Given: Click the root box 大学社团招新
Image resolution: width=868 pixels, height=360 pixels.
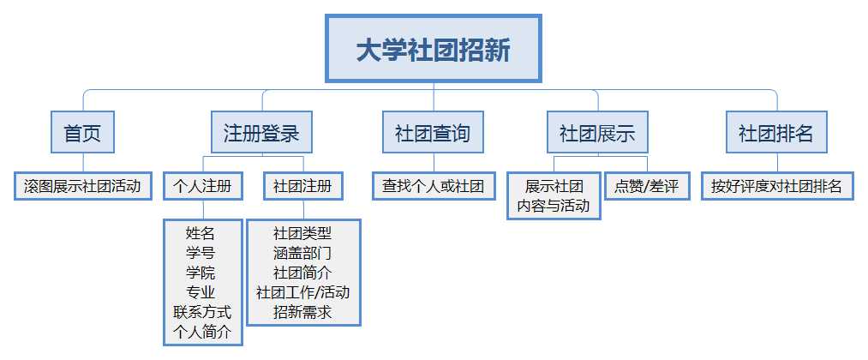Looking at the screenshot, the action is [x=433, y=49].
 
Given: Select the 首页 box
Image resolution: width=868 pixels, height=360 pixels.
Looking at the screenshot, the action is [x=82, y=132].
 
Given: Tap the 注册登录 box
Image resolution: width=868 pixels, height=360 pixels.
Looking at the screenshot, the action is [x=261, y=132].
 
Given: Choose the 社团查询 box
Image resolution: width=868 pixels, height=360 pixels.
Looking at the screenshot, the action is [x=433, y=132].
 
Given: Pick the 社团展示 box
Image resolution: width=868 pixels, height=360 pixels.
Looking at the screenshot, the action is [x=597, y=132].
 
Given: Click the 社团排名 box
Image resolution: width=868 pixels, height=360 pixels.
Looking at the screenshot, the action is [x=776, y=132].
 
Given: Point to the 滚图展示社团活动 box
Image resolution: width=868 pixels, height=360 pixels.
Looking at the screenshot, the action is [x=83, y=185].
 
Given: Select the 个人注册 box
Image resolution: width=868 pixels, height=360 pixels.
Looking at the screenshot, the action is [x=203, y=185].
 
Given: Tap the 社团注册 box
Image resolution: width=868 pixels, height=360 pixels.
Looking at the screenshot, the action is [x=302, y=185].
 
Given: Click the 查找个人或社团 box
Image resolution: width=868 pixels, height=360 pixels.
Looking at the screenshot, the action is [x=434, y=185].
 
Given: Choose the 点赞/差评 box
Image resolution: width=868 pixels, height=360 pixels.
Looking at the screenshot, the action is [x=647, y=185].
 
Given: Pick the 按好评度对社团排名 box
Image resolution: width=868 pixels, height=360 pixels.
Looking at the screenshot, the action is [x=777, y=185].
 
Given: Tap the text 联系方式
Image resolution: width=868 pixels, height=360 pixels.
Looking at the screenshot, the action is [x=202, y=312].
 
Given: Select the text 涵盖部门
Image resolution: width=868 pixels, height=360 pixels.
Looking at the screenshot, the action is [x=302, y=253].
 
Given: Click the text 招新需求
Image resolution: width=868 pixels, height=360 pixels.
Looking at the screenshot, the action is [x=302, y=312].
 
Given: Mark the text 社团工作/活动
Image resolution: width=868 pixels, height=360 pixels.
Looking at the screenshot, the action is [x=302, y=292].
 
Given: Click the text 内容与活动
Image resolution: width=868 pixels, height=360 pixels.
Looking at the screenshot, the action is [x=554, y=206].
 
